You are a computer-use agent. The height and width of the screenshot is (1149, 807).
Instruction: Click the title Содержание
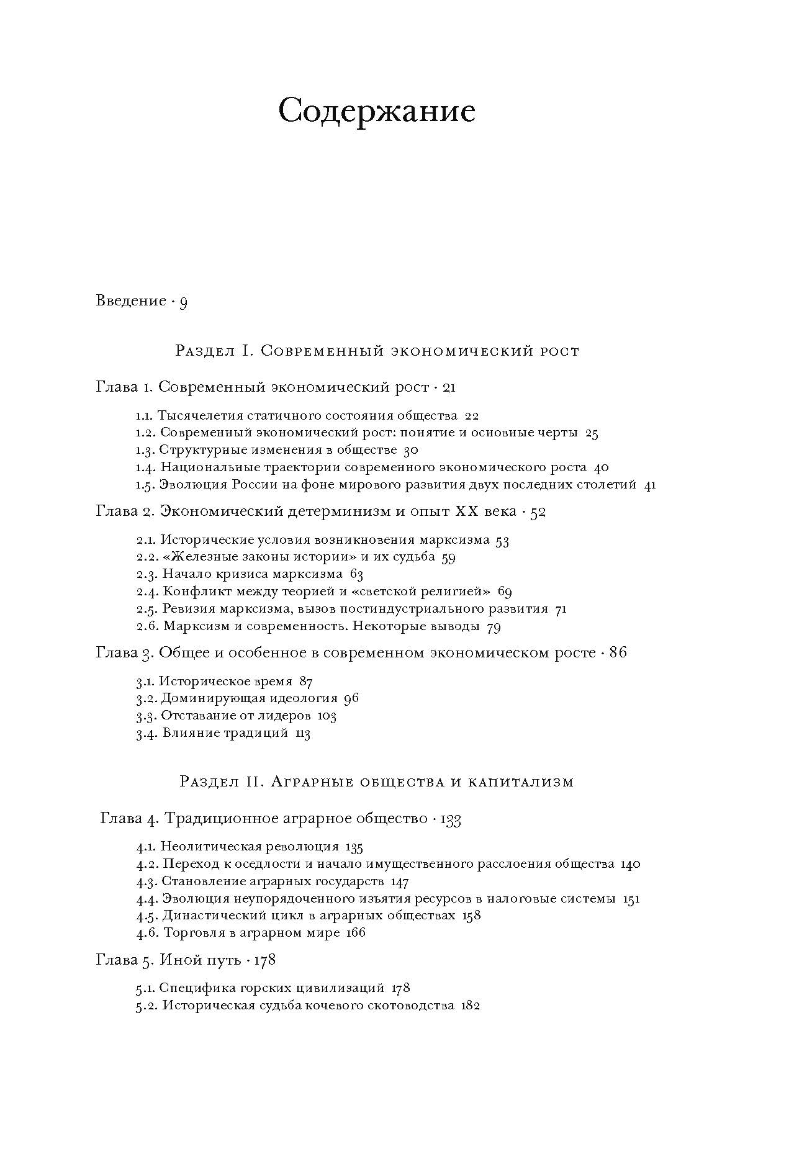tap(377, 112)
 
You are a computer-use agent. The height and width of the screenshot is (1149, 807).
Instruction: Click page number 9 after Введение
tap(183, 302)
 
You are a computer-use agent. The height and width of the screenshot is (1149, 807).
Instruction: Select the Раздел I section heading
tap(377, 351)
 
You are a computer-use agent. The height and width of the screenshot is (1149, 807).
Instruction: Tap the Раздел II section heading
tap(376, 782)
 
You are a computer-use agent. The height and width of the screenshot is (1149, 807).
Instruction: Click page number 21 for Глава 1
tap(450, 388)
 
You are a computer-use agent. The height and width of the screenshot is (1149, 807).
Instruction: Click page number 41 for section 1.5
tap(650, 485)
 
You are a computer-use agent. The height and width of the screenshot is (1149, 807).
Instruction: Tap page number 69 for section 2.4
tap(505, 592)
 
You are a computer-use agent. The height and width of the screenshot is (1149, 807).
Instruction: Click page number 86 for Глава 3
tap(618, 653)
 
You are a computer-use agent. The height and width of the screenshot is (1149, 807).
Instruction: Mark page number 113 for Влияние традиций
tap(302, 733)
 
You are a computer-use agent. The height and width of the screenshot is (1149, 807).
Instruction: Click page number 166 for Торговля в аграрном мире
tap(356, 933)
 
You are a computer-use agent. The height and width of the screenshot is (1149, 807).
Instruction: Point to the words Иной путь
tap(200, 960)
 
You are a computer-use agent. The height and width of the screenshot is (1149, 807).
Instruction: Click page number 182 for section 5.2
tap(471, 1006)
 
